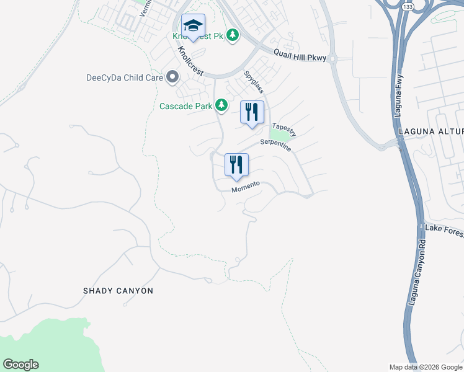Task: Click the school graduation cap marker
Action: pyautogui.click(x=193, y=27)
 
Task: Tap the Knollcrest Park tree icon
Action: pyautogui.click(x=233, y=35)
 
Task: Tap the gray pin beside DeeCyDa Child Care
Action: pyautogui.click(x=172, y=77)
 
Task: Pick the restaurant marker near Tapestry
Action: pyautogui.click(x=252, y=113)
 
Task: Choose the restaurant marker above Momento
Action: pyautogui.click(x=236, y=166)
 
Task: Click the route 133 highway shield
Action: pyautogui.click(x=407, y=6)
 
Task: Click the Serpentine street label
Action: pyautogui.click(x=275, y=142)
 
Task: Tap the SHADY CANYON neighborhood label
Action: pyautogui.click(x=118, y=290)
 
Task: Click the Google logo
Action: pyautogui.click(x=20, y=365)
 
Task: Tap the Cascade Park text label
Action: pyautogui.click(x=185, y=105)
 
